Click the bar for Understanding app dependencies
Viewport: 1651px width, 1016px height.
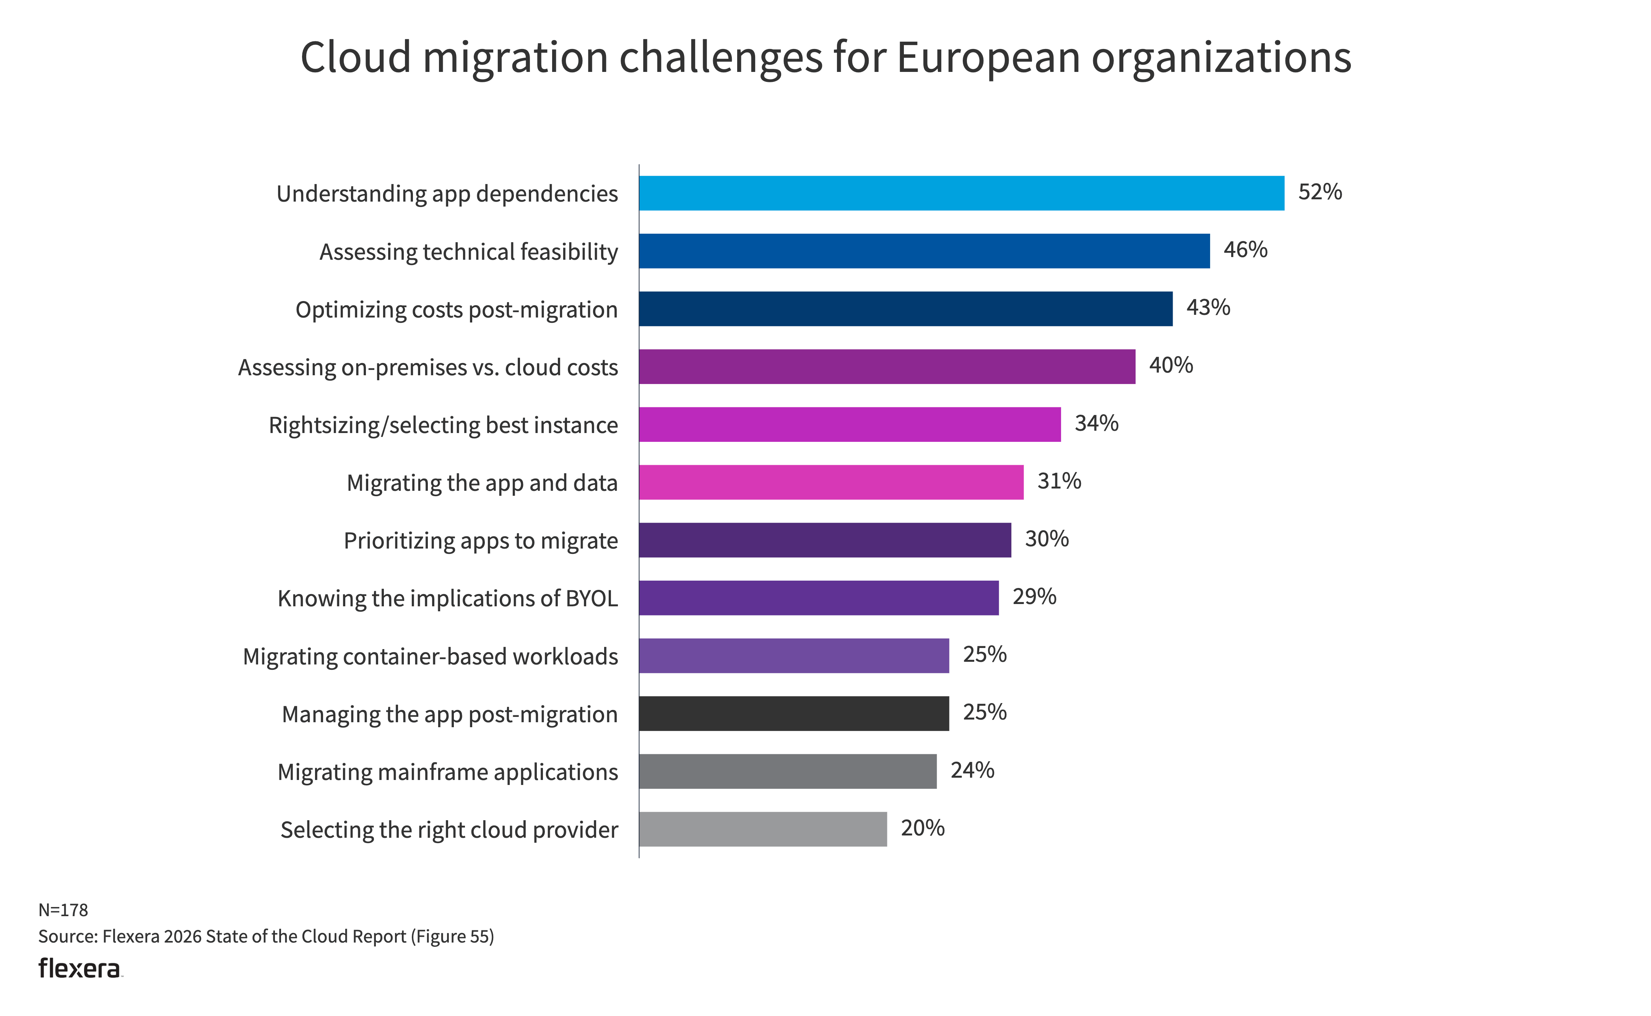click(x=961, y=194)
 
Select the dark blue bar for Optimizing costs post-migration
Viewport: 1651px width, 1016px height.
click(x=905, y=309)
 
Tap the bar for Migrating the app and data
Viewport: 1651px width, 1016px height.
click(x=831, y=482)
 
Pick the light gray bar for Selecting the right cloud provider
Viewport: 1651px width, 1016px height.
click(x=762, y=829)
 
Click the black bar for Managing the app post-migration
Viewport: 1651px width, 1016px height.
click(x=794, y=714)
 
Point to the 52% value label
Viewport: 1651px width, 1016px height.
click(x=1320, y=192)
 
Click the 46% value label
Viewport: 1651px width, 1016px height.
click(x=1245, y=250)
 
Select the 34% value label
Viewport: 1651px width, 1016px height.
click(x=1096, y=423)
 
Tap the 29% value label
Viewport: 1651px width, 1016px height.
click(x=1034, y=597)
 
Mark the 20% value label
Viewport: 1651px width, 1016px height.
click(x=922, y=828)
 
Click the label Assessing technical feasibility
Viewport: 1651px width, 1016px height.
click(x=468, y=252)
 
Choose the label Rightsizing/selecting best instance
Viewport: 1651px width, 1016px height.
click(x=443, y=425)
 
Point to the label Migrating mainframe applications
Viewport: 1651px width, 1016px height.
click(x=447, y=772)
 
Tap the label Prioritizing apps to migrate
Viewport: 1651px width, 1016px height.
click(x=480, y=541)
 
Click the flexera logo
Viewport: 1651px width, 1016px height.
click(x=80, y=968)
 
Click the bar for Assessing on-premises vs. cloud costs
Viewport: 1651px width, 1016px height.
click(x=887, y=367)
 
